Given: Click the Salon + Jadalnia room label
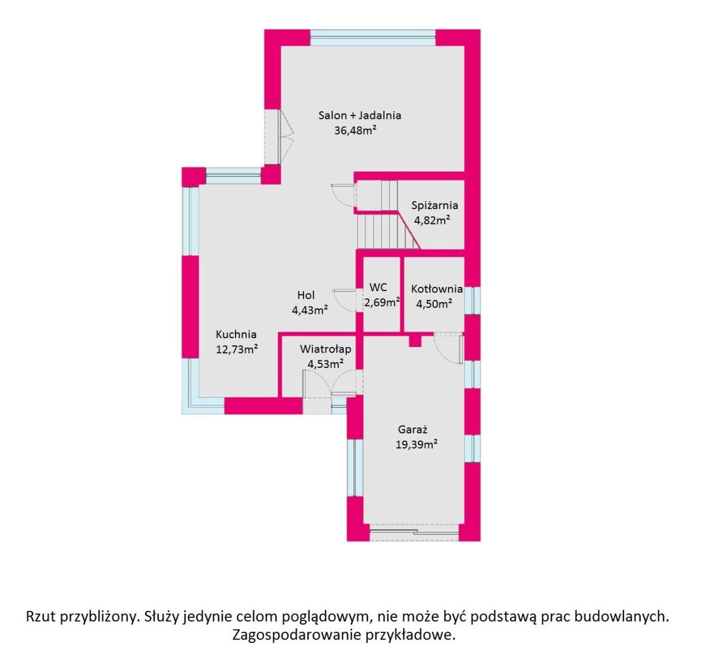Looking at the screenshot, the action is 359,116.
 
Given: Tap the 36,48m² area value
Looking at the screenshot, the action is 355,130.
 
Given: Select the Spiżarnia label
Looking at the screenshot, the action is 434,205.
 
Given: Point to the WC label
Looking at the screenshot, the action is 378,287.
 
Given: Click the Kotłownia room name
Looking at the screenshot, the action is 437,289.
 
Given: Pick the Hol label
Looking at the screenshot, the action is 306,295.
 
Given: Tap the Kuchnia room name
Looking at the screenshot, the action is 236,334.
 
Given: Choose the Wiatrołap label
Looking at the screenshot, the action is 325,349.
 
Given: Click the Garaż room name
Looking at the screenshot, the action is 412,430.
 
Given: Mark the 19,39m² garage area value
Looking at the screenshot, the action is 416,445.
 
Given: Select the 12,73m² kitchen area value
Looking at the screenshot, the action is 237,349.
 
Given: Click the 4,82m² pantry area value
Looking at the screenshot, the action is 432,220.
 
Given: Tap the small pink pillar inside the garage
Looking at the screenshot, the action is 415,341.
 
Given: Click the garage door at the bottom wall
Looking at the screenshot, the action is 414,533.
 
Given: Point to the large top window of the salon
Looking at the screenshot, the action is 373,38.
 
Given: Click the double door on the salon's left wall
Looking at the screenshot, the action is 279,137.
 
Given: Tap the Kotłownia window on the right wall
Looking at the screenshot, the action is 472,301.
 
